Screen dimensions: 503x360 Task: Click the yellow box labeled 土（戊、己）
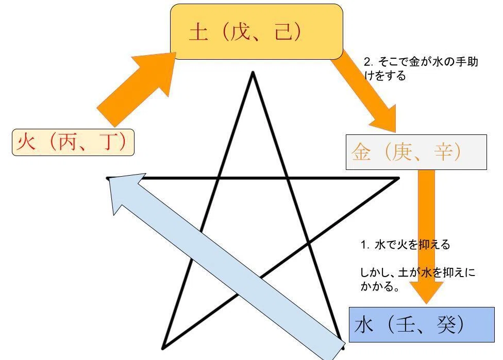tap(257, 32)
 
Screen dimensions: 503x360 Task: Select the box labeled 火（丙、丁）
tap(73, 142)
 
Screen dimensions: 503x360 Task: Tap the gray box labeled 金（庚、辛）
tap(416, 152)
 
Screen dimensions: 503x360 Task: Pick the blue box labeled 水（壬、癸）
tap(422, 325)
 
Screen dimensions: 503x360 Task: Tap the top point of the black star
tap(253, 73)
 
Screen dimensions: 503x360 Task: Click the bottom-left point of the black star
tap(163, 348)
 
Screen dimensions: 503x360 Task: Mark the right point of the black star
tap(398, 178)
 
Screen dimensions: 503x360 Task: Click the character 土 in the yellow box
tap(199, 32)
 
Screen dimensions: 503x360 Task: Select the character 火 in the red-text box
tap(26, 142)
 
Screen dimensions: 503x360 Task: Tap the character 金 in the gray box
tap(361, 151)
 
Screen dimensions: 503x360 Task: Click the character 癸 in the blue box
tap(446, 324)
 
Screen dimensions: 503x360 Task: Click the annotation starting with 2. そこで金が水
tap(421, 68)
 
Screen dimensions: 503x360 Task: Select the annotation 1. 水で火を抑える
tap(405, 245)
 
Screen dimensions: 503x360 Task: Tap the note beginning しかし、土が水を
tap(417, 279)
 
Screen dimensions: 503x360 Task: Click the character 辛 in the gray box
tap(444, 151)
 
